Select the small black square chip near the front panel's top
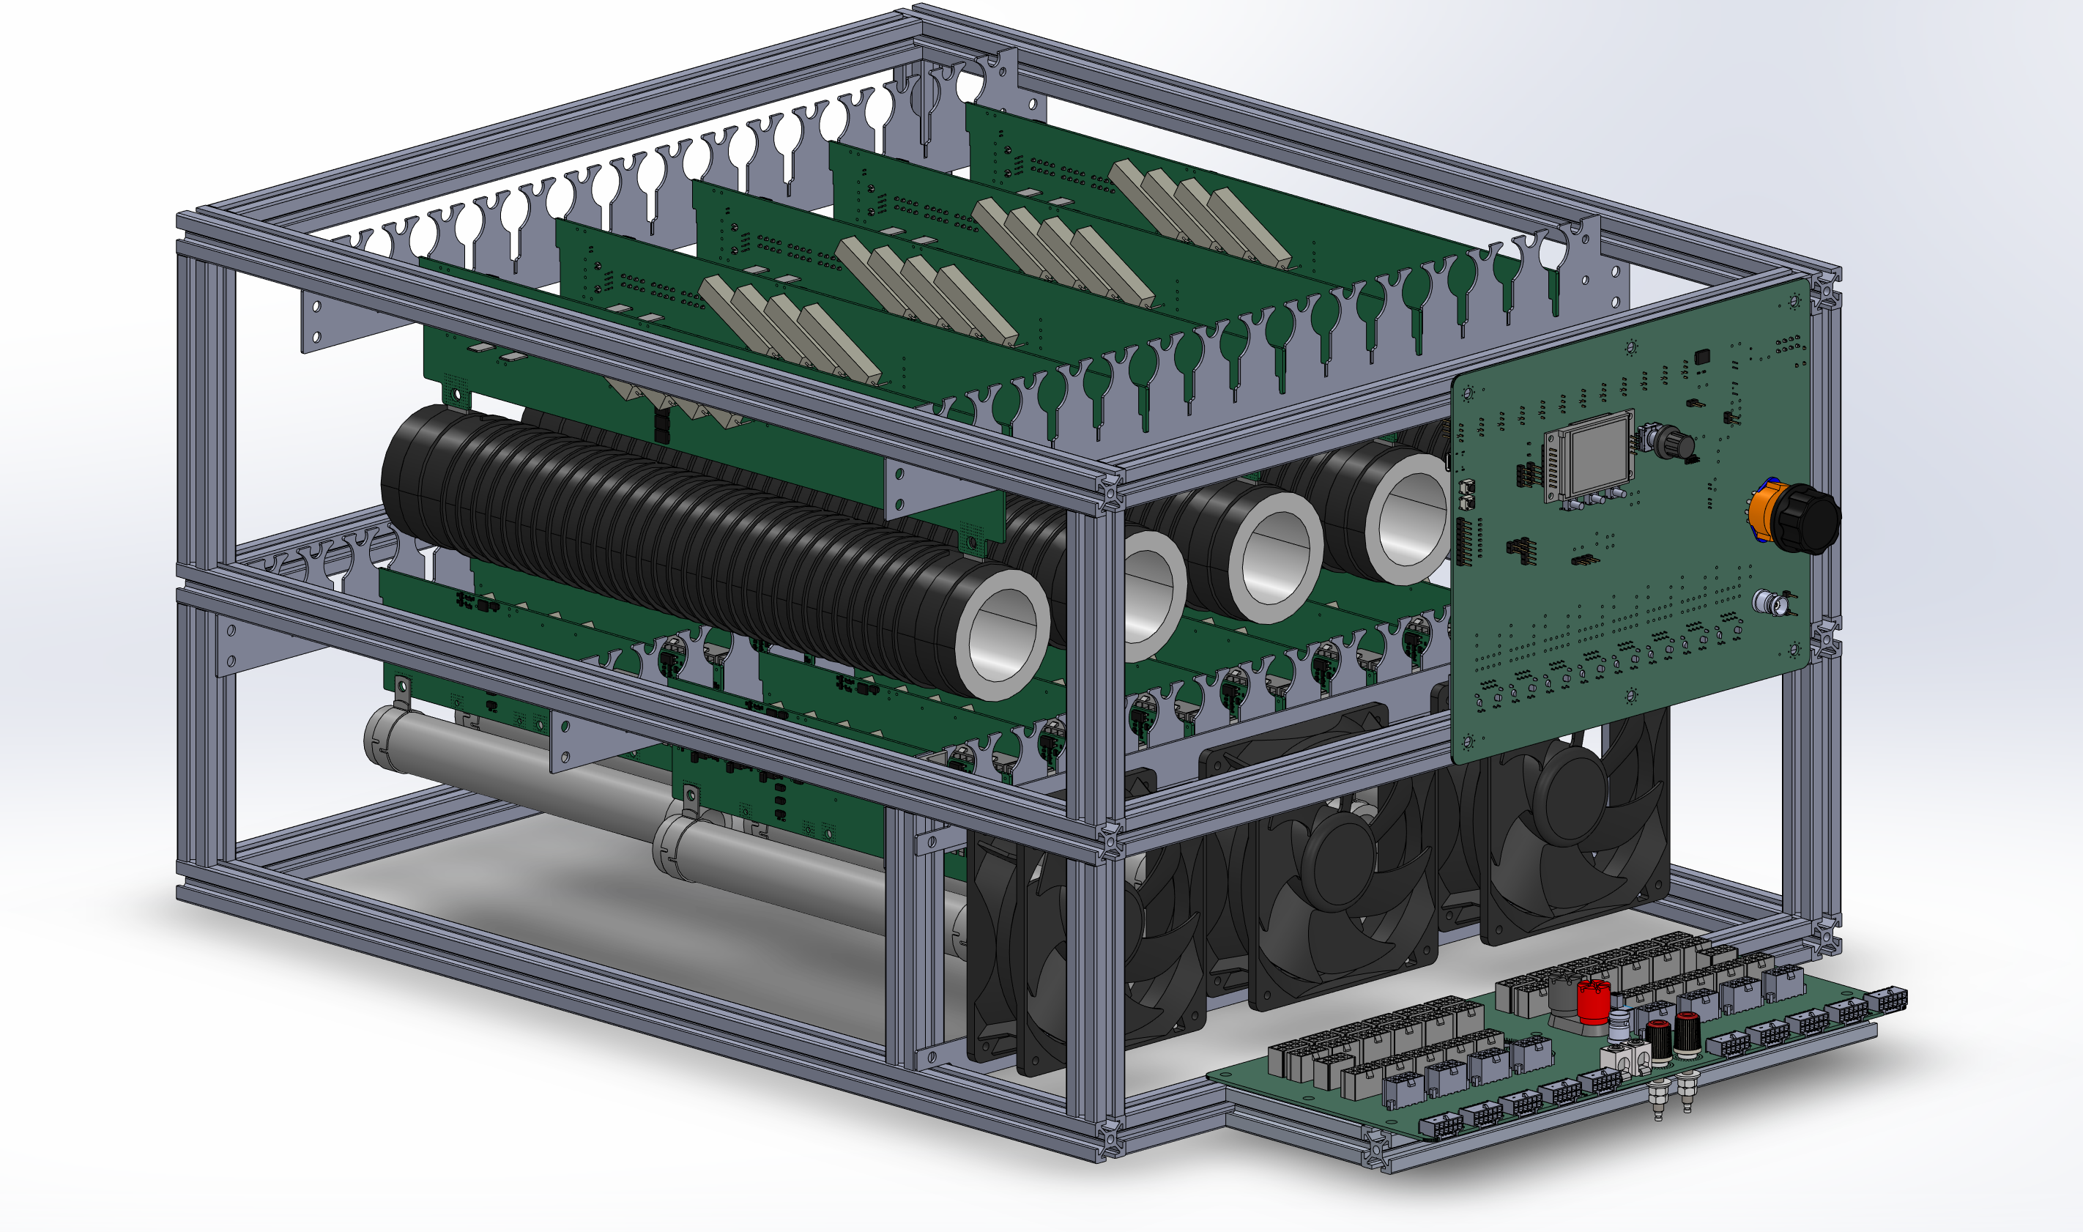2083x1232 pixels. pyautogui.click(x=1702, y=356)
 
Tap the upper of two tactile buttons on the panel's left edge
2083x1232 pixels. pyautogui.click(x=1466, y=487)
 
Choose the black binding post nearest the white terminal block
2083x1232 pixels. pyautogui.click(x=1658, y=1043)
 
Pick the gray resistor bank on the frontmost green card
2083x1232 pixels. pyautogui.click(x=788, y=328)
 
